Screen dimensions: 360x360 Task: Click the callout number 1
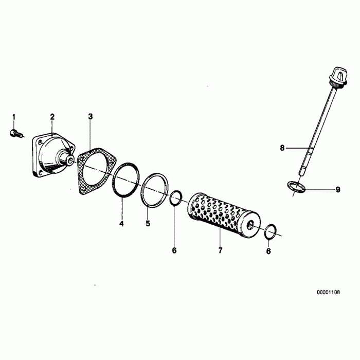14,116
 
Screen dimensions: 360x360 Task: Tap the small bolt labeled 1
14,134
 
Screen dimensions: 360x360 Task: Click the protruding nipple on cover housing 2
68,160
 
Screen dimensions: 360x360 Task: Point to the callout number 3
91,117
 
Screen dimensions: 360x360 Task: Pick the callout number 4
122,224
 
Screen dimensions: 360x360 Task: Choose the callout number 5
148,224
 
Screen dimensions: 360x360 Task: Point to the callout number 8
282,148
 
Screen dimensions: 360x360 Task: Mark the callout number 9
338,189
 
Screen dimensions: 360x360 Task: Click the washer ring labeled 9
296,187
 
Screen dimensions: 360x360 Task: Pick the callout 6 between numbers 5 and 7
174,250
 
